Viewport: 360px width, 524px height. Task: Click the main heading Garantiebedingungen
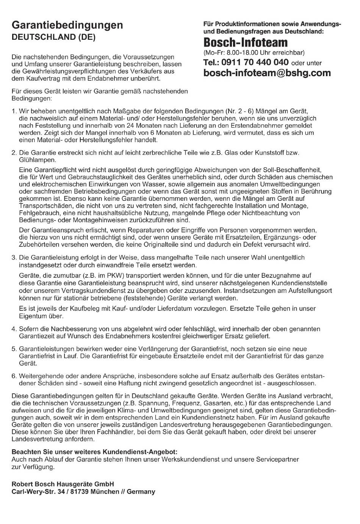click(67, 25)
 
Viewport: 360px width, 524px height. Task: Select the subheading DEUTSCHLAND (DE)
click(53, 37)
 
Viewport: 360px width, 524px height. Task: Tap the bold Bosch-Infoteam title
click(245, 42)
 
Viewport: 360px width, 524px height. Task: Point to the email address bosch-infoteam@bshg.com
click(267, 73)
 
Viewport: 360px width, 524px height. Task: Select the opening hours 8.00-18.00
click(241, 52)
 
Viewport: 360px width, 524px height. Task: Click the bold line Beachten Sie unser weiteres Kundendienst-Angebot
click(94, 452)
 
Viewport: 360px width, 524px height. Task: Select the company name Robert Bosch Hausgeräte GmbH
click(63, 484)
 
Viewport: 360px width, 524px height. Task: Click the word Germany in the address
click(141, 492)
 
